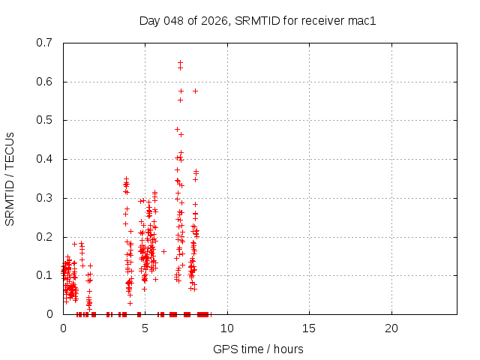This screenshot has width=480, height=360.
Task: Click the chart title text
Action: tap(257, 20)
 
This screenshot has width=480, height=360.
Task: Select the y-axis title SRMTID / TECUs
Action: tap(10, 178)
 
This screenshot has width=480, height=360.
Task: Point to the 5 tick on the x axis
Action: tap(145, 328)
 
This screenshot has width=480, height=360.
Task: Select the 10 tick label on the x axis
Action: tap(226, 328)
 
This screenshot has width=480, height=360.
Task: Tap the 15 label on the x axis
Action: tap(309, 328)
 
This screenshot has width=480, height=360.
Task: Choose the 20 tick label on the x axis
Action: tap(391, 328)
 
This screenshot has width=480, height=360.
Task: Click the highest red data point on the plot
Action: tap(180, 62)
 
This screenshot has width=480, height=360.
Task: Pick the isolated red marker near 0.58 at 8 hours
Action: tap(195, 91)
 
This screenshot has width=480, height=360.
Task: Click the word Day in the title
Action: tap(150, 20)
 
